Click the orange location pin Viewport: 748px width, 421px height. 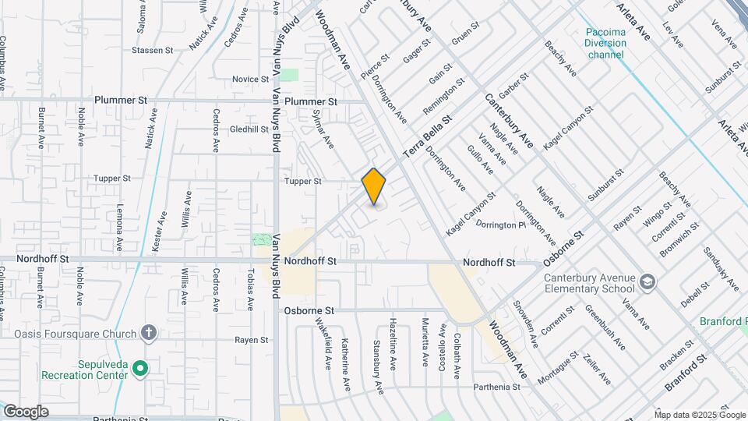click(374, 186)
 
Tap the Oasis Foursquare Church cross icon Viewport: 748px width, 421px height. click(148, 333)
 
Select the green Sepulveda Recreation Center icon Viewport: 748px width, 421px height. click(140, 368)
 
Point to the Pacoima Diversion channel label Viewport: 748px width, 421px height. click(607, 44)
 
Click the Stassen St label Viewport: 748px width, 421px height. click(152, 51)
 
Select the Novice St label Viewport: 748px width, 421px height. click(250, 80)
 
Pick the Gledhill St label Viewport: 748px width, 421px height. click(249, 129)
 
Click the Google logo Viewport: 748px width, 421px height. click(26, 412)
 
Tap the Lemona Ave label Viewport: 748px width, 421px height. click(119, 232)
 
